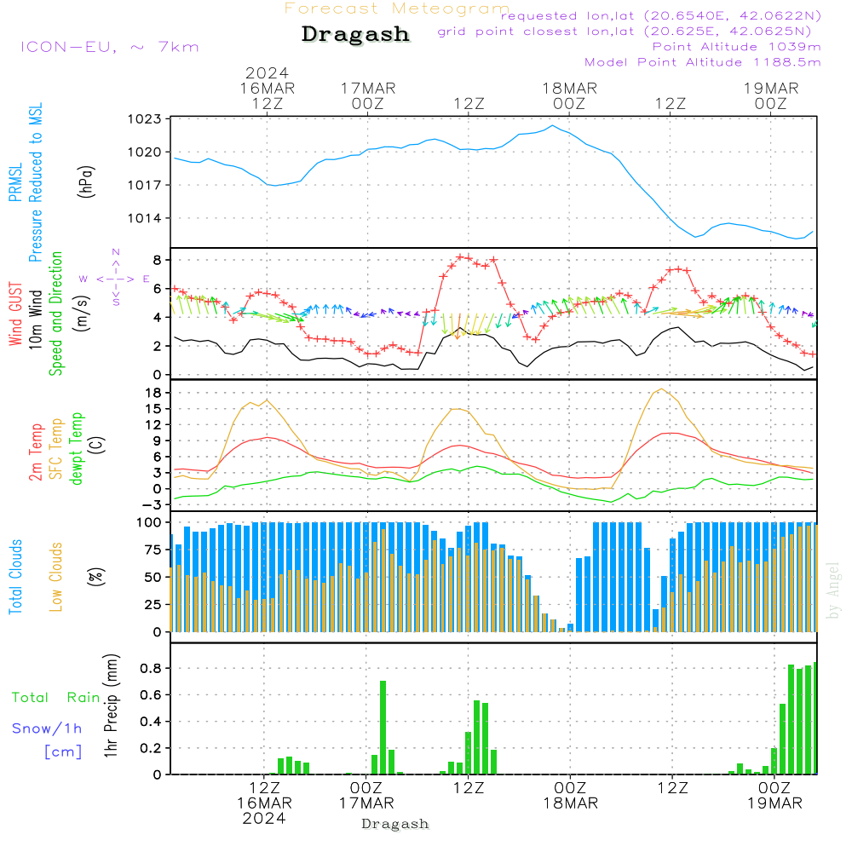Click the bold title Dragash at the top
(355, 35)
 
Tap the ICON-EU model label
(109, 47)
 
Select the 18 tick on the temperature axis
(154, 393)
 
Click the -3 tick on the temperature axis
(154, 504)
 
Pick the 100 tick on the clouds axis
(150, 522)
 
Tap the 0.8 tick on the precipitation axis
(151, 668)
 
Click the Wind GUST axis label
(16, 314)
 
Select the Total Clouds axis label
(16, 577)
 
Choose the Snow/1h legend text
(48, 728)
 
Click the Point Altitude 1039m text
(736, 46)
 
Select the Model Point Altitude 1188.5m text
(703, 61)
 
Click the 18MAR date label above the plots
(569, 88)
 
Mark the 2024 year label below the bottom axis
(264, 817)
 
